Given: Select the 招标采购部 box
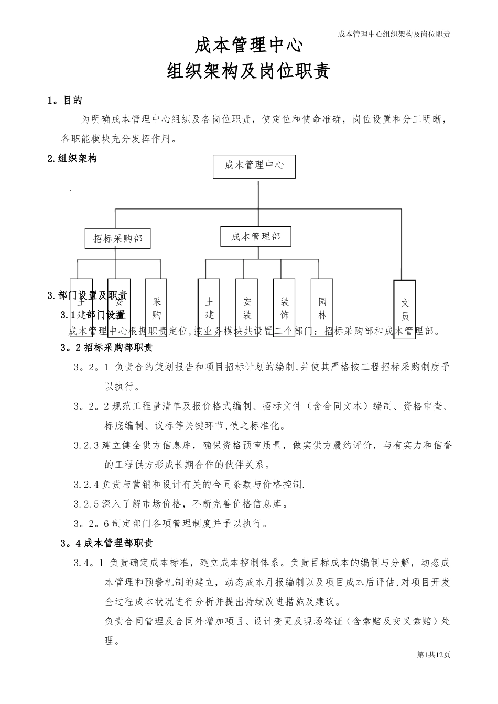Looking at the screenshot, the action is [118, 239].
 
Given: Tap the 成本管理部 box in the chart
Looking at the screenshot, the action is [256, 237].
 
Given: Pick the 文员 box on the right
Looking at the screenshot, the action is [405, 310].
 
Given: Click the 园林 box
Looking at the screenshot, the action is [322, 307].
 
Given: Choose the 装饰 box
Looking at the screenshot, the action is [285, 307].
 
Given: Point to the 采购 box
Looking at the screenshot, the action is [156, 307].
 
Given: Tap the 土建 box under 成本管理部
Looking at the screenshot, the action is [209, 307].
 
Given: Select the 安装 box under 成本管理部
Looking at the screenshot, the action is [247, 307].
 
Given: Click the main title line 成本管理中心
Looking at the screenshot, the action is [248, 46].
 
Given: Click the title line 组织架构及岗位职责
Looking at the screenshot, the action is [248, 71].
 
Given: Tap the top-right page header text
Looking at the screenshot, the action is [395, 34].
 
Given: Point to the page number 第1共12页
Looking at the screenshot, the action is [434, 654].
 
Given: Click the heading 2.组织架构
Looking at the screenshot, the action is [72, 159].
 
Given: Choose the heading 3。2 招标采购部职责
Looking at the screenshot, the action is [107, 347].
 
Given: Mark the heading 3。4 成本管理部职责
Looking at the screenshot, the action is [107, 543].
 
